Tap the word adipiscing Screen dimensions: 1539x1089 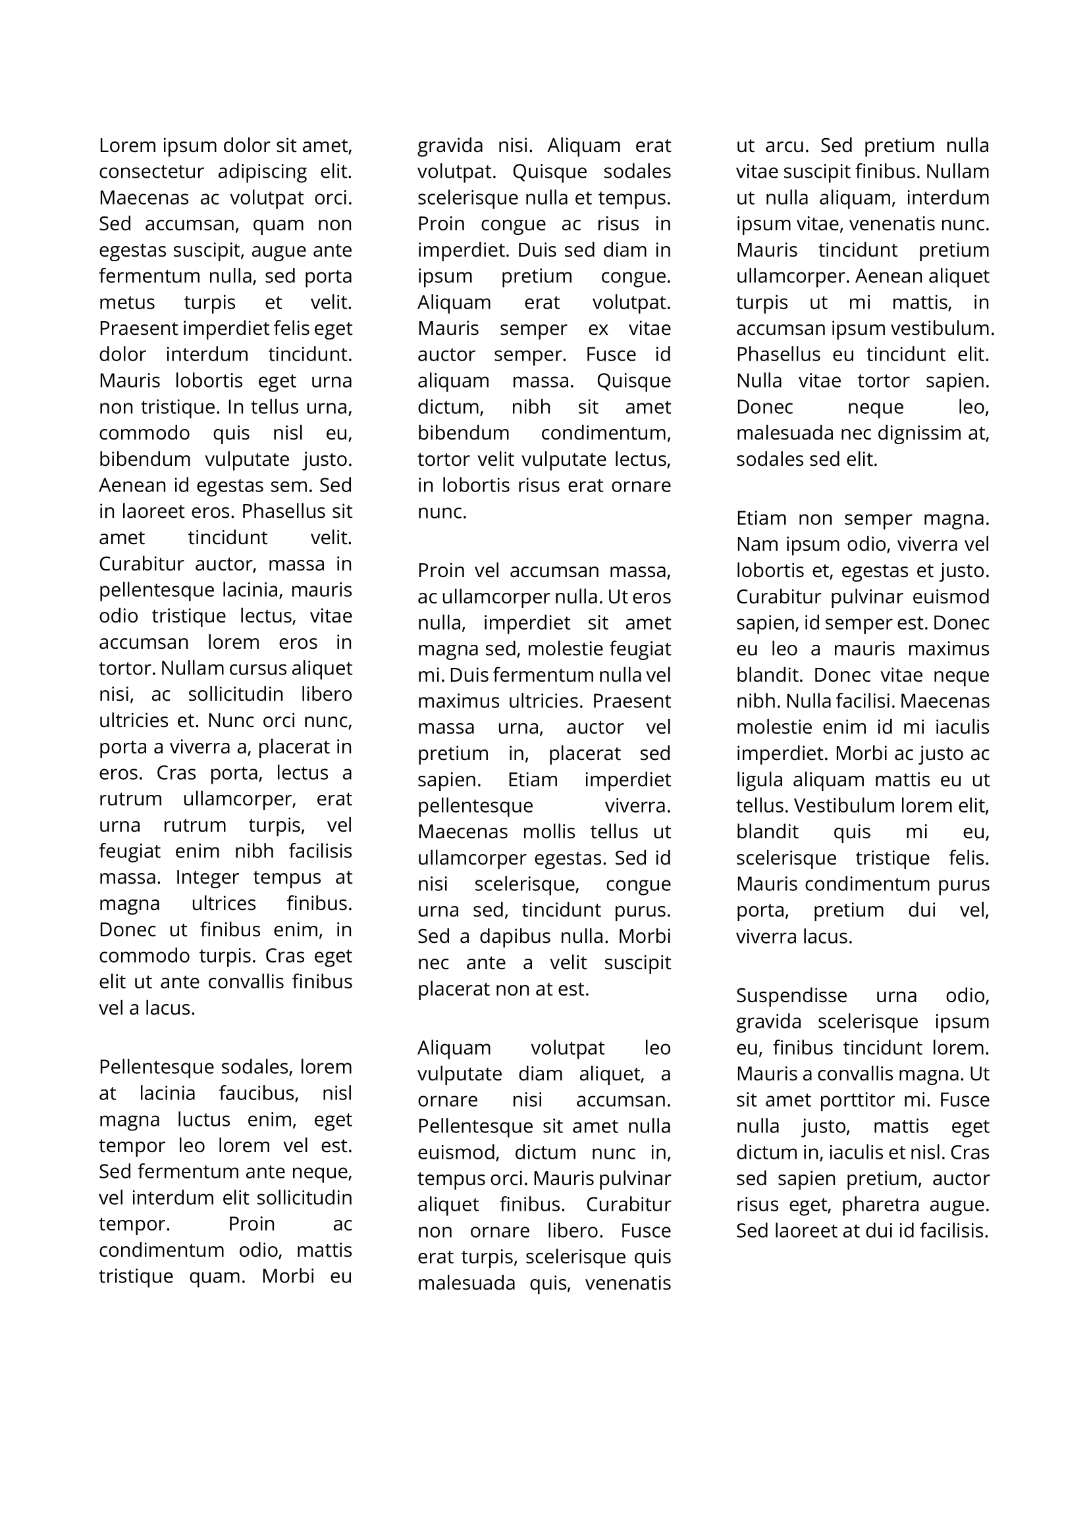point(262,172)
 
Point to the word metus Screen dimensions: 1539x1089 point(126,302)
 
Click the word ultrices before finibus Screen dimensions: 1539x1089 point(223,903)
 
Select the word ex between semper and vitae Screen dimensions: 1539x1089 point(597,328)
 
